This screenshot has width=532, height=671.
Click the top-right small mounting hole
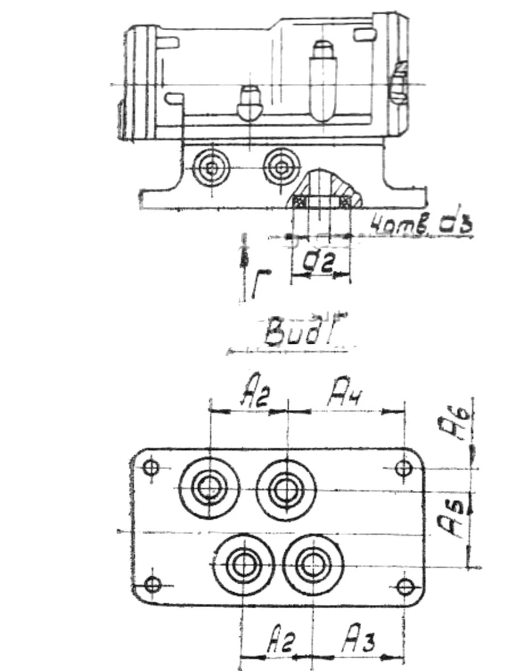click(404, 469)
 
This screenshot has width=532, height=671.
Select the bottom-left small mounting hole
click(152, 584)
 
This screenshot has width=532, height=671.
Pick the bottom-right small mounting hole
click(405, 585)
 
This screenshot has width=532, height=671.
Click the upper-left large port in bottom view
click(210, 487)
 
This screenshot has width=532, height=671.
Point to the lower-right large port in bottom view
click(313, 564)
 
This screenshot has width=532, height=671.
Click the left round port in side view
click(211, 168)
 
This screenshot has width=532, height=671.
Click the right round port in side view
click(281, 168)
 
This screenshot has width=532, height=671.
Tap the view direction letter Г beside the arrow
click(258, 285)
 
